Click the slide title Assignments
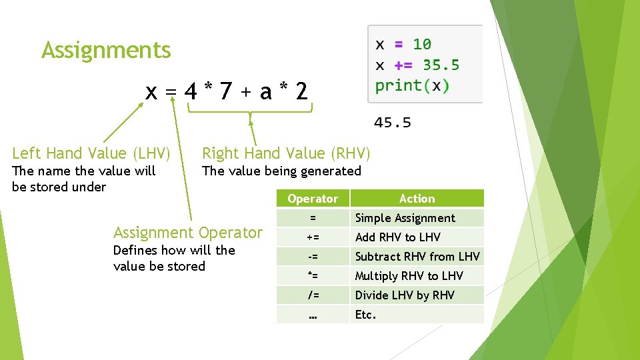106,51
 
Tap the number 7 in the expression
226,91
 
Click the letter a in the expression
266,91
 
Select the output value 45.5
392,123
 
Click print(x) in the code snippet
412,85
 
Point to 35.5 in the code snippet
441,65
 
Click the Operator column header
313,199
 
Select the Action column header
417,199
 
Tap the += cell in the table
313,237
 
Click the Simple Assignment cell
405,218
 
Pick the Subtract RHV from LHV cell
417,257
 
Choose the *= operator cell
313,276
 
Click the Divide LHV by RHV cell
405,295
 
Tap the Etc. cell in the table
365,315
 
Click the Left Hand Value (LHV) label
91,153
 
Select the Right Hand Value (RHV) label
285,153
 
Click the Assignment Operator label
188,233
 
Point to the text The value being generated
281,171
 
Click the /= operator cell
313,295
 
